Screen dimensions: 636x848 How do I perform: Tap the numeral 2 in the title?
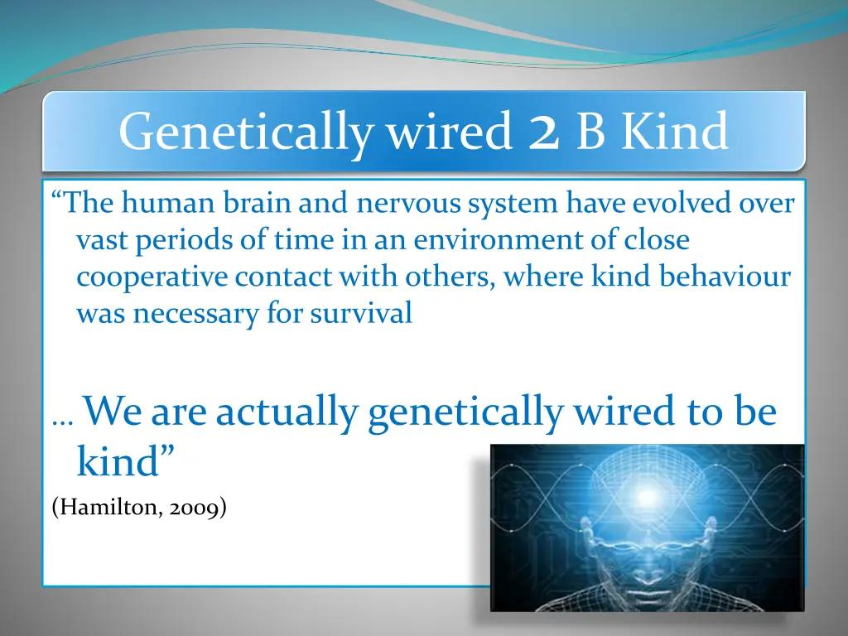point(542,132)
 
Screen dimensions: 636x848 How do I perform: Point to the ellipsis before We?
point(62,421)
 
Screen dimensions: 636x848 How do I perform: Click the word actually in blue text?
point(287,412)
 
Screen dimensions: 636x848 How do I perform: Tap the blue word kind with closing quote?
point(125,462)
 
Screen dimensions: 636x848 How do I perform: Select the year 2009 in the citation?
point(196,507)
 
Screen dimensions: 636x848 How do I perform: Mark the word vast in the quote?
point(101,240)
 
